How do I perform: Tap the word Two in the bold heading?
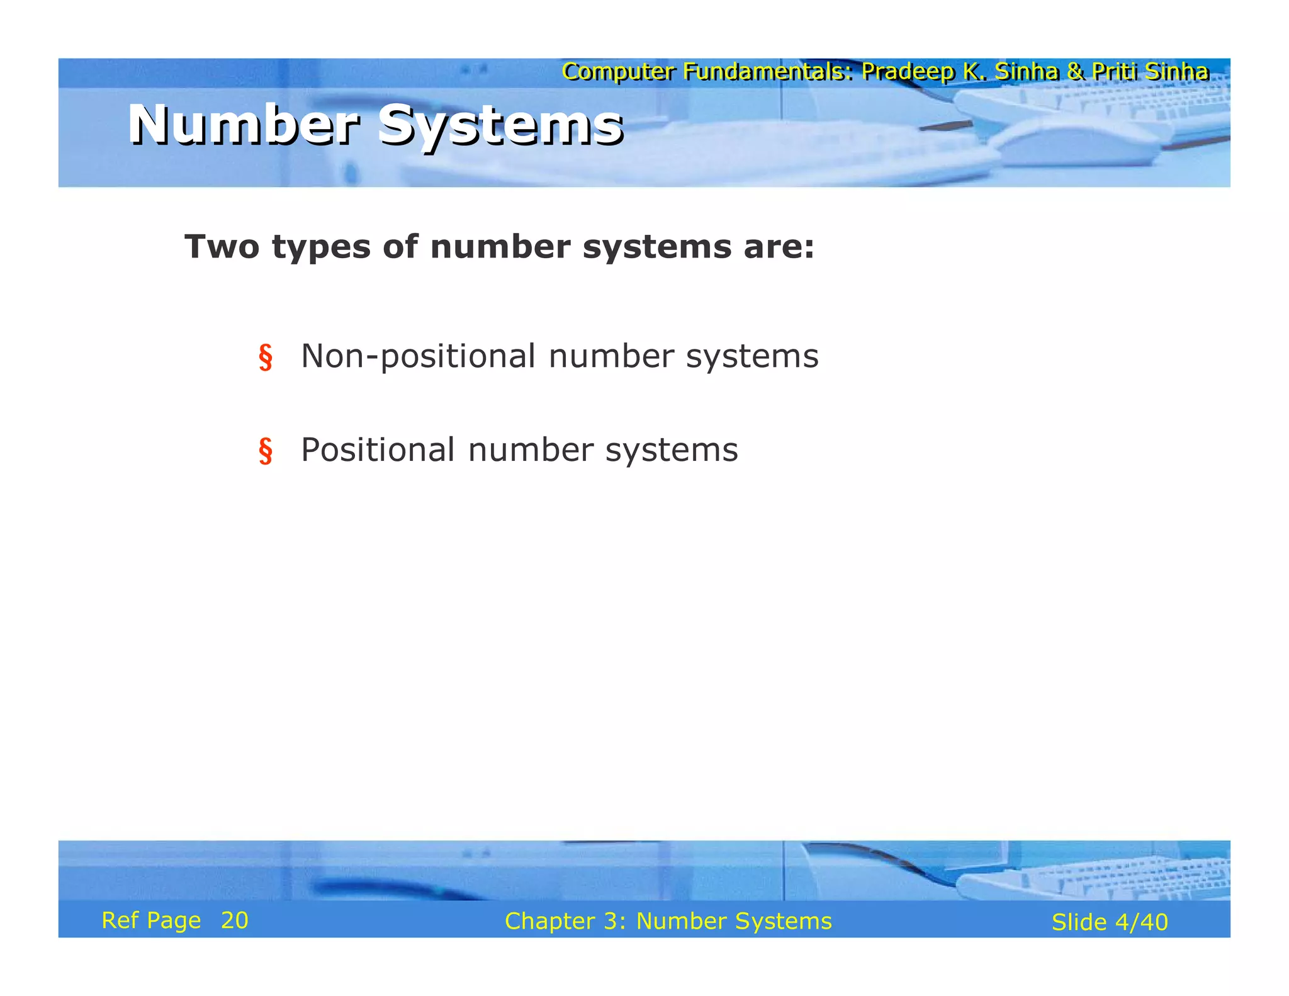tap(222, 246)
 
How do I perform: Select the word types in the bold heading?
tap(322, 247)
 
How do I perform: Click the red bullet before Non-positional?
tap(266, 358)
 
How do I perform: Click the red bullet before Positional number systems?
tap(266, 451)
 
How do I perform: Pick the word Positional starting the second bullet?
tap(378, 450)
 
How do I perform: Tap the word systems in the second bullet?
tap(672, 450)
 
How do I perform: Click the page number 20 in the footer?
tap(235, 920)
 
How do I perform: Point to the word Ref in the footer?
tap(120, 920)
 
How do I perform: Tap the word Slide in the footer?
tap(1079, 922)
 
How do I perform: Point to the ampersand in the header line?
tap(1075, 72)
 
